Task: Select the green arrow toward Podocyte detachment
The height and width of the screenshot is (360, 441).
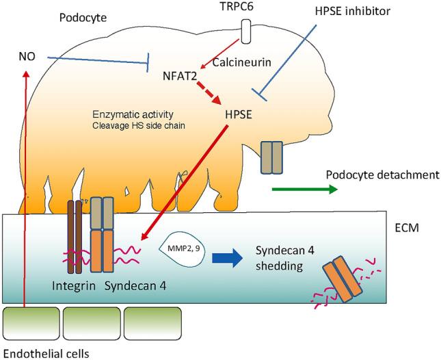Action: tap(304, 189)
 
